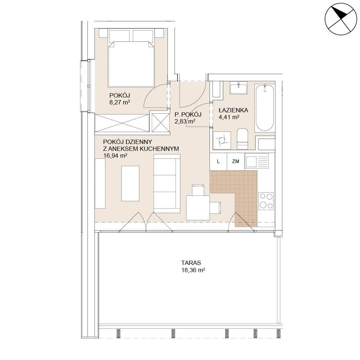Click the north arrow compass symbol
click(x=341, y=19)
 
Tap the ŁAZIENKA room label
click(x=233, y=110)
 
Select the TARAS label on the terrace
click(x=191, y=263)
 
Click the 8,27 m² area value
click(x=120, y=102)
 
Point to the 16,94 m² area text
click(x=115, y=156)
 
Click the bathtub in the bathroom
click(x=265, y=107)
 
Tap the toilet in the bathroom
click(x=242, y=139)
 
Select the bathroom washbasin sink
click(x=239, y=88)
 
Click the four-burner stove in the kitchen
click(x=266, y=201)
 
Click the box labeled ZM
click(x=236, y=161)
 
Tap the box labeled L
click(x=219, y=161)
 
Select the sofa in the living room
click(x=167, y=184)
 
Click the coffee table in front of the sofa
click(x=130, y=184)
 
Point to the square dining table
click(x=198, y=208)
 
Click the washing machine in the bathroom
click(x=222, y=140)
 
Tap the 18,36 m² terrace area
click(x=193, y=270)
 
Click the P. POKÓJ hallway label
click(x=188, y=114)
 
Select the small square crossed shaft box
click(x=161, y=123)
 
